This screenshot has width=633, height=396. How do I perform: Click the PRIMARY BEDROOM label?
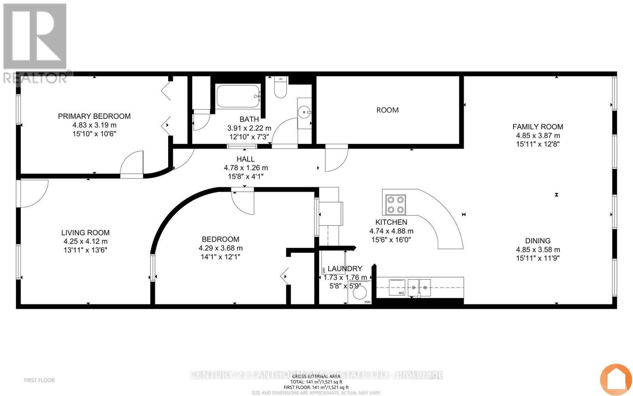tap(94, 116)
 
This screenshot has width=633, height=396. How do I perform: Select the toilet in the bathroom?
tap(280, 88)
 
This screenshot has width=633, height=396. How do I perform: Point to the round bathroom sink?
tap(305, 112)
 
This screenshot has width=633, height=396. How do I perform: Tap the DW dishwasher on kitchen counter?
tap(397, 287)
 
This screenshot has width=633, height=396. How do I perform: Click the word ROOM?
tap(387, 110)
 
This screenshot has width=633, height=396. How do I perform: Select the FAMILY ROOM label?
tap(538, 127)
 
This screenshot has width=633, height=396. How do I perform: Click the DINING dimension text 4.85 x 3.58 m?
tap(538, 249)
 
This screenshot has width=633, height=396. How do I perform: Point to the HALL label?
tap(245, 159)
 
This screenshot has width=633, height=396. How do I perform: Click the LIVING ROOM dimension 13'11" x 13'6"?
tap(85, 250)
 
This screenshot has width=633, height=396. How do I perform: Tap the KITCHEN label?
tap(391, 222)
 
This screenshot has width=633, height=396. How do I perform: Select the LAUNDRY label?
tap(345, 268)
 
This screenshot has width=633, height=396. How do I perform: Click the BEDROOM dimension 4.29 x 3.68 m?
tap(220, 248)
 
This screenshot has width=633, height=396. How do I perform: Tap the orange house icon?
tap(616, 379)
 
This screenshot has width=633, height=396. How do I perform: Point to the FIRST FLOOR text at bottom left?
tap(39, 380)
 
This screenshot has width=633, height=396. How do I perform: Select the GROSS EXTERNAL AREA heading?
tap(316, 376)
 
